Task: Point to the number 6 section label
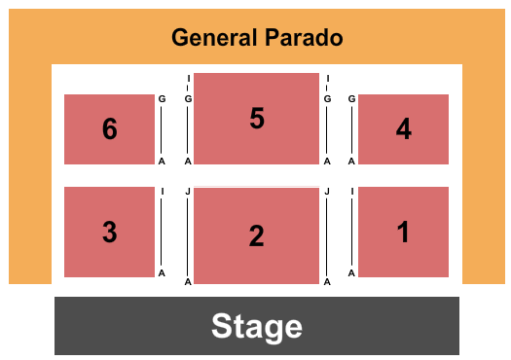[x=109, y=129]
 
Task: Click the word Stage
[x=256, y=326]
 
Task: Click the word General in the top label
[x=214, y=39]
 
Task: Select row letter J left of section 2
[x=188, y=192]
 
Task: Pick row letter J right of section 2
[x=327, y=192]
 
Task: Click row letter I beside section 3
[x=162, y=192]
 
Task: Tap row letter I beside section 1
[x=351, y=192]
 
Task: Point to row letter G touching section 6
[x=162, y=98]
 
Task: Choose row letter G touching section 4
[x=351, y=98]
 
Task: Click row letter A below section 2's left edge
[x=188, y=282]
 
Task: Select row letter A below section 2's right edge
[x=327, y=282]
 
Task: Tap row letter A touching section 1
[x=351, y=272]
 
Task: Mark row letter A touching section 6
[x=162, y=161]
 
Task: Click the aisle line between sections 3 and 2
[x=175, y=234]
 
